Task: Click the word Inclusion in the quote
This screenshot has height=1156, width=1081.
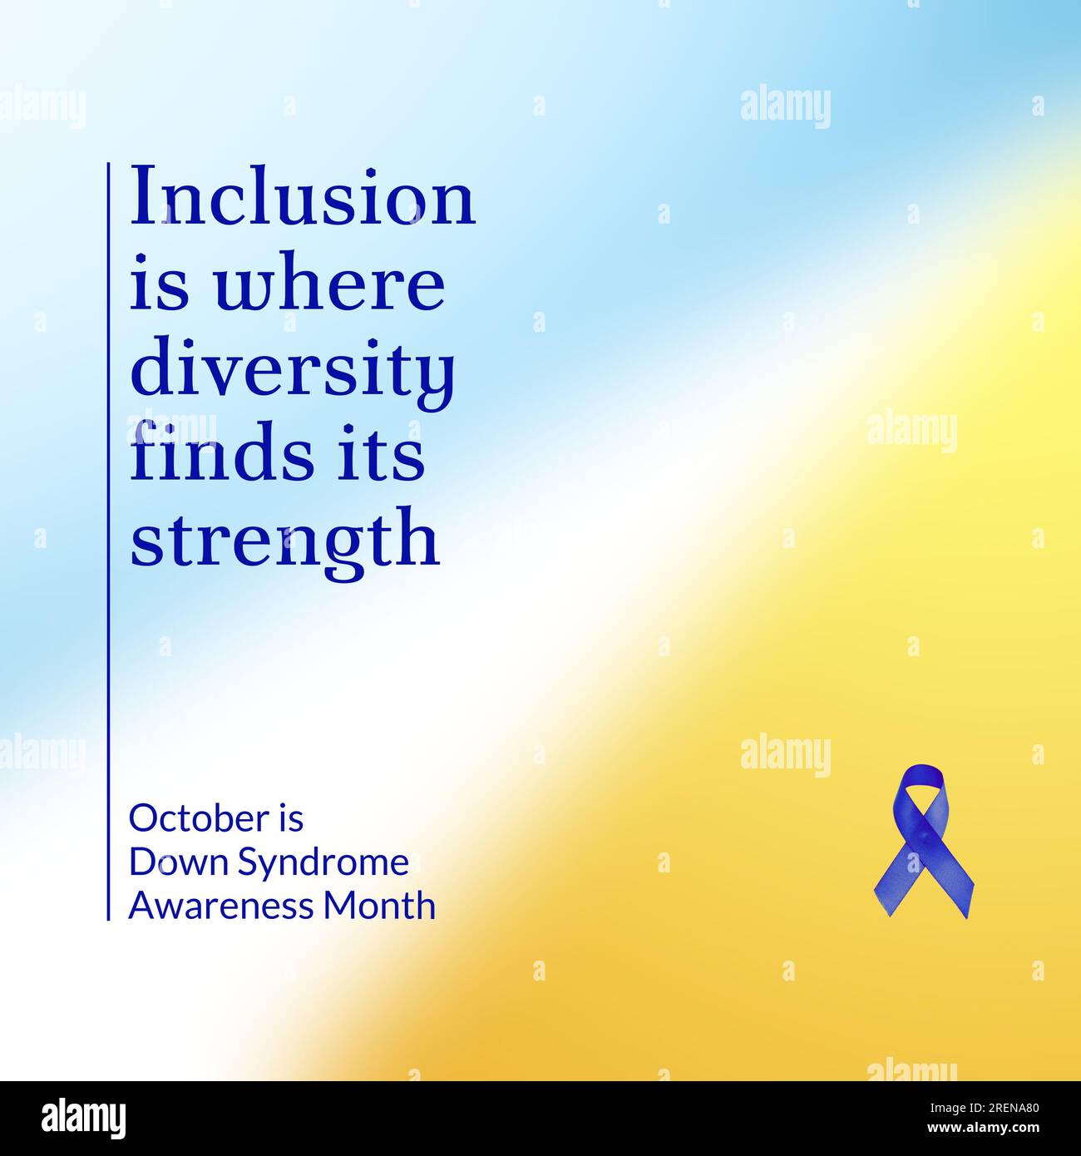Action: [x=303, y=197]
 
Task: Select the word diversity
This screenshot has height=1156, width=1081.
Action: [x=293, y=371]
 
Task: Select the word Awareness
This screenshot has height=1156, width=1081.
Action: [x=222, y=906]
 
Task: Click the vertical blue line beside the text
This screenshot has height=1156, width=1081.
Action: [x=108, y=541]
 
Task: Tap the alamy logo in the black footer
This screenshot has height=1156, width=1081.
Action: [x=83, y=1119]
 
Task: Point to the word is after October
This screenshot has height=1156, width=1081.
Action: [x=291, y=818]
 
